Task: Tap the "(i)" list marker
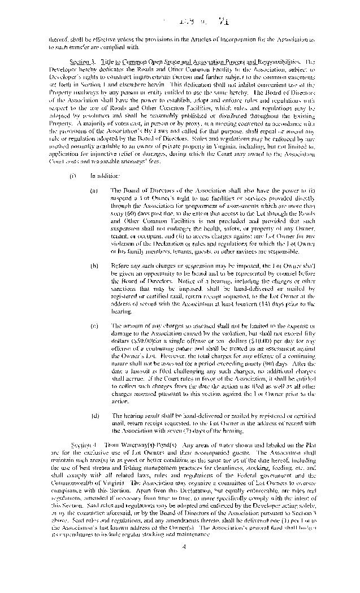[73, 176]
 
